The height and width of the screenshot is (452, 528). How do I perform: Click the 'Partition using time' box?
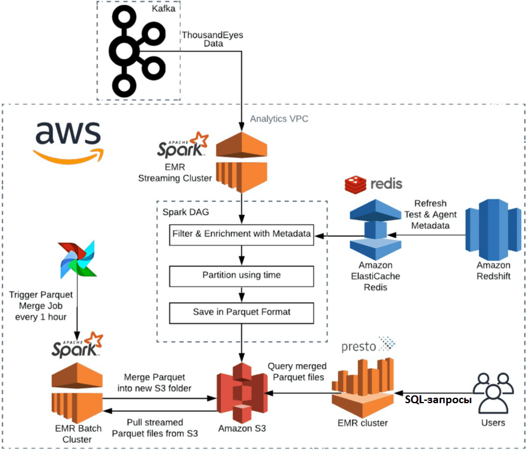coord(242,275)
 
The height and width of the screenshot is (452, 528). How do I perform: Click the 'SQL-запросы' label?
coord(438,400)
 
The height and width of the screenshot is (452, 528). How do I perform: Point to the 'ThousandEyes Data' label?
coord(212,40)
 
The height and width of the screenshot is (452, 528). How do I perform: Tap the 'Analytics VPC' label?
coord(279,119)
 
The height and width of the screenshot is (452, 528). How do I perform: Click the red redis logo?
coord(373,184)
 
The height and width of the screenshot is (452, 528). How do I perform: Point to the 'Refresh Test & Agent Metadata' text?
coord(430,215)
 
